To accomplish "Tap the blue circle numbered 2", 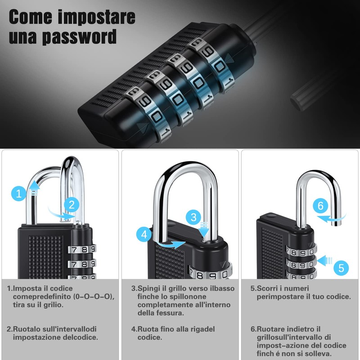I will pos(71,205).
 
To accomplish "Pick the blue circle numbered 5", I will pos(341,268).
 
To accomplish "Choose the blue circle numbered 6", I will pos(320,207).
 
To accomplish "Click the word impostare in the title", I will pos(96,17).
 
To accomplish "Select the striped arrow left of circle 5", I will pos(325,261).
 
